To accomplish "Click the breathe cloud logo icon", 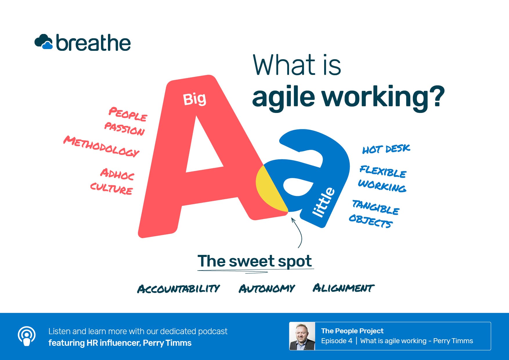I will (x=44, y=42).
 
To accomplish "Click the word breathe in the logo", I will (x=93, y=43).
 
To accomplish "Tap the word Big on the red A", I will (x=194, y=99).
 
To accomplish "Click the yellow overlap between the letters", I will (x=268, y=190).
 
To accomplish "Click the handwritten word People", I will (x=128, y=114).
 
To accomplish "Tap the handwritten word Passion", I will (x=124, y=128).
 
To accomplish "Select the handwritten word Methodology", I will (x=101, y=146).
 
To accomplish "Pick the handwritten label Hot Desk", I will (x=386, y=149).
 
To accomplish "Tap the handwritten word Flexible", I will (x=383, y=171).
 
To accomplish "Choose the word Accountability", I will (x=178, y=289).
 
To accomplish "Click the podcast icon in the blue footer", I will (x=27, y=336).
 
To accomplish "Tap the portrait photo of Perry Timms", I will (x=302, y=336).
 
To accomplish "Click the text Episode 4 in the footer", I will (x=337, y=341).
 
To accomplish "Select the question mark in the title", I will (x=436, y=96).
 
